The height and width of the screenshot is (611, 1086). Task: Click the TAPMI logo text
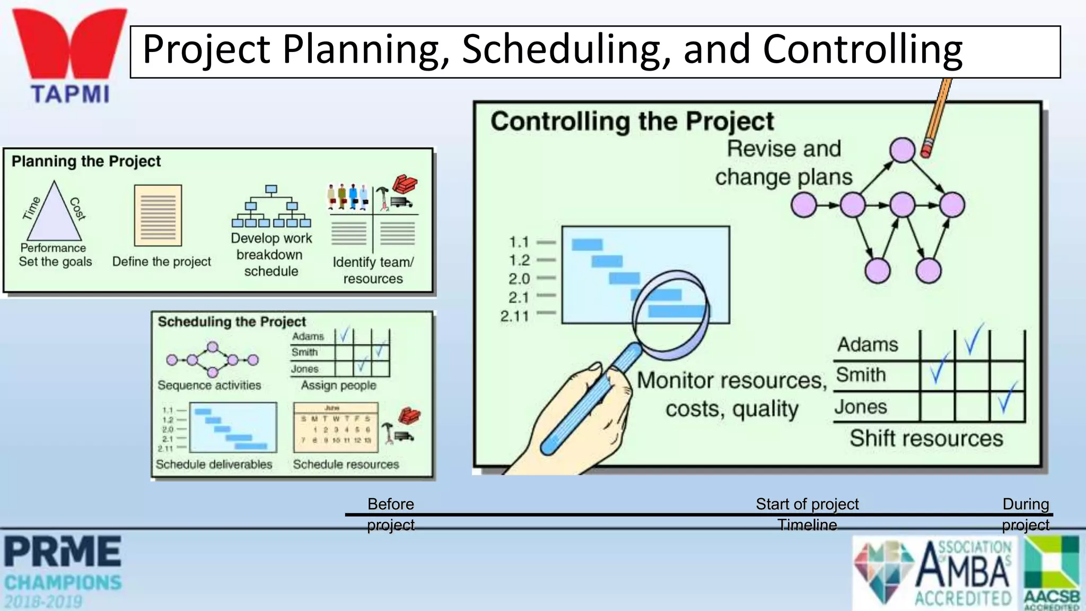(x=70, y=94)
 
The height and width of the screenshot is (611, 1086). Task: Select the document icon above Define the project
(x=158, y=215)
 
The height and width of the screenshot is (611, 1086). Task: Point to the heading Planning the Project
(x=86, y=161)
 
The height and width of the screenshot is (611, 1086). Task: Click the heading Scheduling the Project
(x=232, y=322)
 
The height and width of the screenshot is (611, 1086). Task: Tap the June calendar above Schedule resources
(x=336, y=427)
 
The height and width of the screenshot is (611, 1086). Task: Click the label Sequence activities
(x=209, y=386)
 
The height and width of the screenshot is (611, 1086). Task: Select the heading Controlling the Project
(x=632, y=121)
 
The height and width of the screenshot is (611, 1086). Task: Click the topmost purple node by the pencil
(x=902, y=150)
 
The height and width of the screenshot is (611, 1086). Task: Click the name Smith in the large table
(x=861, y=375)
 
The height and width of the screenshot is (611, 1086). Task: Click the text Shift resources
(x=926, y=439)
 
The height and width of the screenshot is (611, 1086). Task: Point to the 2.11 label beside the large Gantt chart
(x=514, y=317)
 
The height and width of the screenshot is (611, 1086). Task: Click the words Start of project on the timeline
(x=807, y=504)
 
